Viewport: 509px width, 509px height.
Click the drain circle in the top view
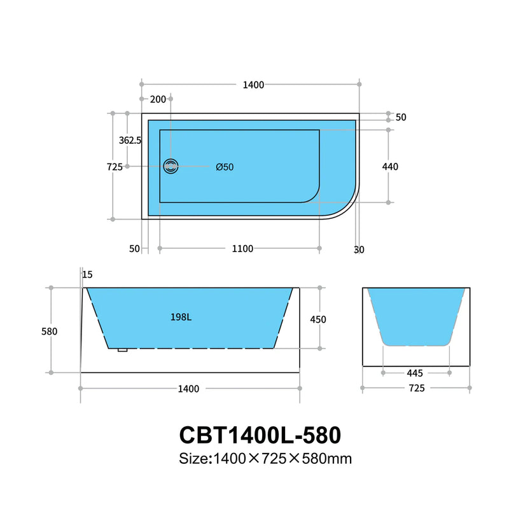coord(171,167)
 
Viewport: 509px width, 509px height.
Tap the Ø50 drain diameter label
coord(225,167)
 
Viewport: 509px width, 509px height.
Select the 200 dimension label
coord(157,99)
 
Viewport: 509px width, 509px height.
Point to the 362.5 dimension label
coord(130,140)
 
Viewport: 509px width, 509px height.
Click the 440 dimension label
coord(390,167)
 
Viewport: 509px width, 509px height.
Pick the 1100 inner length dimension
coord(242,249)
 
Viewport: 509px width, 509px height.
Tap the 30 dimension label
coord(359,249)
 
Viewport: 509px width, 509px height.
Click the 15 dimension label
coord(87,274)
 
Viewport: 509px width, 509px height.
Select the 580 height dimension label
coord(49,331)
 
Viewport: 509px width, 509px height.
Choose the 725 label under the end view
coord(416,388)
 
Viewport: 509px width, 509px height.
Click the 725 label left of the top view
coord(115,167)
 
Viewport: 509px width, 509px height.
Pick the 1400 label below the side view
coord(189,389)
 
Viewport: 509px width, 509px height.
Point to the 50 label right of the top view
coord(401,118)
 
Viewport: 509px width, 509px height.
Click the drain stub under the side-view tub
coord(123,349)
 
